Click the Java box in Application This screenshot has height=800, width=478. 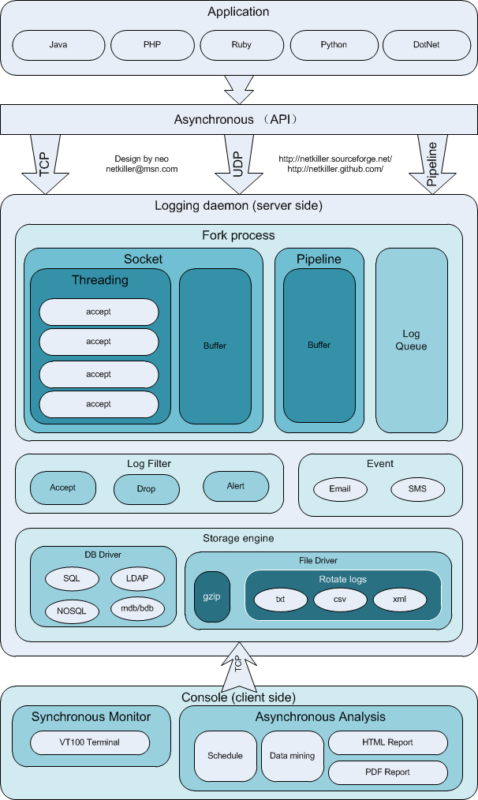(x=58, y=45)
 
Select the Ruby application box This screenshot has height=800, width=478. (x=242, y=45)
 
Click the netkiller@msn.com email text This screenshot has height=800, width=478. (x=142, y=169)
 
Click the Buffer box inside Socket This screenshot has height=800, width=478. (x=215, y=346)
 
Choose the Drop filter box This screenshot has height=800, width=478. (x=146, y=488)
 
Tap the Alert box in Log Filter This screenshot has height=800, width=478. (x=236, y=486)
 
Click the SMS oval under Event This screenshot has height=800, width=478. (x=417, y=489)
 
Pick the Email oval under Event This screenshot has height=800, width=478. (x=340, y=489)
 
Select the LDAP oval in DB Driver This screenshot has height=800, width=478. (x=137, y=578)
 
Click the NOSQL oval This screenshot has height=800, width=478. (x=72, y=609)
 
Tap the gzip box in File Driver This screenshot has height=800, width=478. (x=212, y=596)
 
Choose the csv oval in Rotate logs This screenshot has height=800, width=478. (x=340, y=599)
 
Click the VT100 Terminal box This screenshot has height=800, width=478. (x=90, y=742)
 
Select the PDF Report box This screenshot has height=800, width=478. (x=387, y=772)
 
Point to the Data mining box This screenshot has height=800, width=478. (x=291, y=756)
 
